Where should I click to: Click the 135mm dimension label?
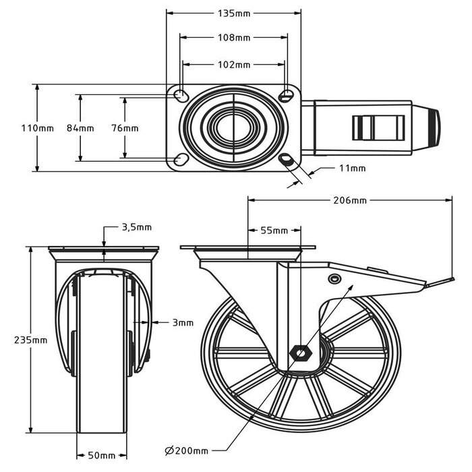pyautogui.click(x=233, y=11)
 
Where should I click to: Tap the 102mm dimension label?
pyautogui.click(x=233, y=65)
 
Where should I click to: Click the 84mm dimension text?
pyautogui.click(x=80, y=128)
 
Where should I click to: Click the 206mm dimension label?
pyautogui.click(x=349, y=200)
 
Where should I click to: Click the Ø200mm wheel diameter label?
pyautogui.click(x=186, y=449)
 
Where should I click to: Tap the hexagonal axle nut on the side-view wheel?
pyautogui.click(x=300, y=353)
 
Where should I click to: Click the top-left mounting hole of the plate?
pyautogui.click(x=181, y=94)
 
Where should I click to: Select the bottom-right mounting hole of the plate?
pyautogui.click(x=287, y=160)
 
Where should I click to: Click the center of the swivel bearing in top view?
pyautogui.click(x=233, y=126)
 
